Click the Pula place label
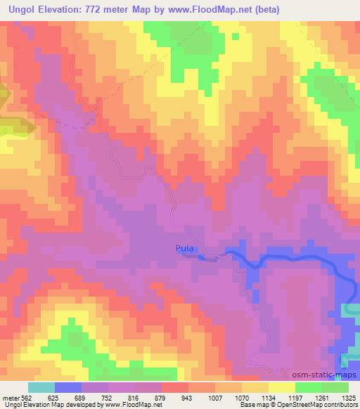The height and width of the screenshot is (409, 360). point(185,248)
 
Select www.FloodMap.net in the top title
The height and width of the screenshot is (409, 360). point(224,9)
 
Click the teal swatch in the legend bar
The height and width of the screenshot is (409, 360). point(41,387)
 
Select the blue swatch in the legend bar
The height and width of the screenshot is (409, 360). point(68,387)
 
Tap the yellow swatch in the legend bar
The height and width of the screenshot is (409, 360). point(282,387)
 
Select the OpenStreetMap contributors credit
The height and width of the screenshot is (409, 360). point(317,405)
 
